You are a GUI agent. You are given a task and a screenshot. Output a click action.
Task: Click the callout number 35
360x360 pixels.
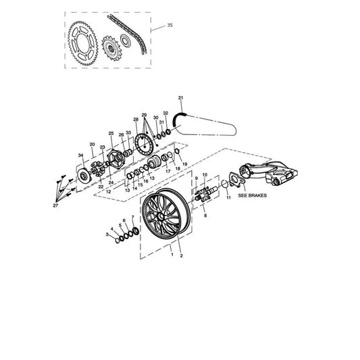click(x=170, y=25)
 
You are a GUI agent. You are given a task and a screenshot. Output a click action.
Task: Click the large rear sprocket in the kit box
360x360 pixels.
click(x=83, y=43)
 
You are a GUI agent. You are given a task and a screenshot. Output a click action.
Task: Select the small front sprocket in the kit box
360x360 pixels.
click(x=111, y=49)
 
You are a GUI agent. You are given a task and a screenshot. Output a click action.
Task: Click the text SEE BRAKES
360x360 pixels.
click(x=253, y=196)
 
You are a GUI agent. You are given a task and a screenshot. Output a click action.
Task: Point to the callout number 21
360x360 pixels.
click(x=181, y=98)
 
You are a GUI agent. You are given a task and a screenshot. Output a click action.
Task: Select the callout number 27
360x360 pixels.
click(x=55, y=206)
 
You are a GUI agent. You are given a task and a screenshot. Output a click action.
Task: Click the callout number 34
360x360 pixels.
click(x=80, y=155)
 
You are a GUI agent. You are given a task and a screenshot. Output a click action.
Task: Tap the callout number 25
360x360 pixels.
click(x=111, y=133)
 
